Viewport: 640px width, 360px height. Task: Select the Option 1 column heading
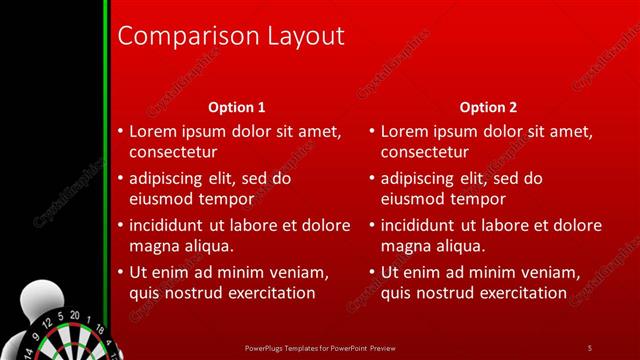click(x=236, y=107)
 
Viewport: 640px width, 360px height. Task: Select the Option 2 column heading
click(x=488, y=107)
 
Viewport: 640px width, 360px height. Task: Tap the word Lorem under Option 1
click(x=154, y=131)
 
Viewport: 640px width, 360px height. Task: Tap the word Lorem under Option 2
click(x=406, y=131)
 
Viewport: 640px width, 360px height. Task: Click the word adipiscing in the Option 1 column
click(x=169, y=178)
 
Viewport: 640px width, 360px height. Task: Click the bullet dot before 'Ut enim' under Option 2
click(x=372, y=272)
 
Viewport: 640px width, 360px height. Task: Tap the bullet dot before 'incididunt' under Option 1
click(x=120, y=225)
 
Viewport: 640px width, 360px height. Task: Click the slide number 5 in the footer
click(x=590, y=347)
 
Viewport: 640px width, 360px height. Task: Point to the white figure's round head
click(x=35, y=300)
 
